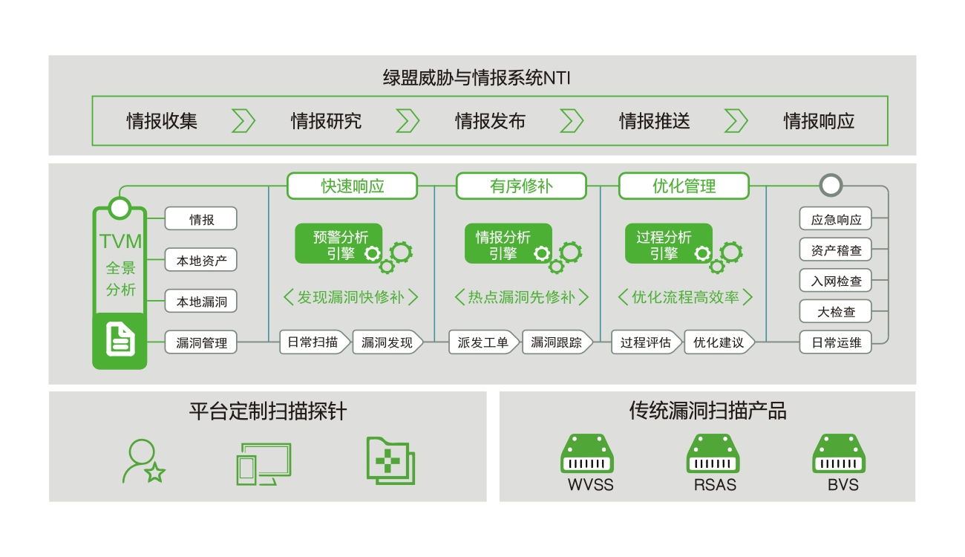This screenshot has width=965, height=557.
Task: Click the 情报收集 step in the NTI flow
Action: pyautogui.click(x=162, y=121)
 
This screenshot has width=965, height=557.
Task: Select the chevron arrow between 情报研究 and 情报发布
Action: pyautogui.click(x=408, y=121)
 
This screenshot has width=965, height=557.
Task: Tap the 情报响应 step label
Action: pyautogui.click(x=819, y=121)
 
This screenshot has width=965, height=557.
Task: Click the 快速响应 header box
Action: pyautogui.click(x=353, y=186)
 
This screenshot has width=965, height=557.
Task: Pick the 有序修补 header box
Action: pyautogui.click(x=521, y=186)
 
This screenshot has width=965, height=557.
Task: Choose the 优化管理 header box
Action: pyautogui.click(x=684, y=186)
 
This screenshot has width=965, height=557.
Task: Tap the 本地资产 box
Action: pyautogui.click(x=201, y=261)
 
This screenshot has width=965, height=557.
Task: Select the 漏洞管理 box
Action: pyautogui.click(x=201, y=342)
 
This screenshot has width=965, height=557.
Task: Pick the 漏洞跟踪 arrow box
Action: pyautogui.click(x=556, y=342)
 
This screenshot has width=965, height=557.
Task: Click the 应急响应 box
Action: pyautogui.click(x=836, y=220)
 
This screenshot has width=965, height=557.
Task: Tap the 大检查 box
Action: pyautogui.click(x=836, y=312)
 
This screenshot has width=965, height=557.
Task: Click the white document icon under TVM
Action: pyautogui.click(x=120, y=340)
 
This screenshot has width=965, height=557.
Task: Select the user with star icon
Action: pyautogui.click(x=143, y=462)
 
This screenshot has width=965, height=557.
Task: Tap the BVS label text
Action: pyautogui.click(x=843, y=486)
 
